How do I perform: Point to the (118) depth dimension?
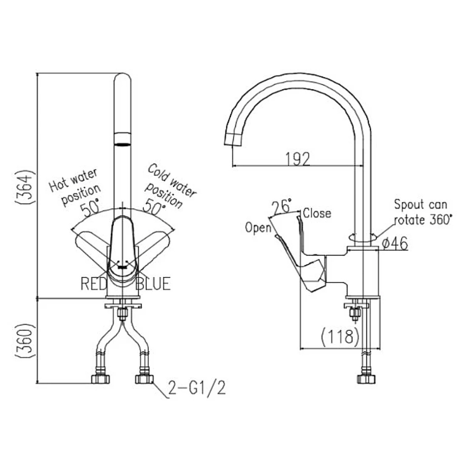[340, 336]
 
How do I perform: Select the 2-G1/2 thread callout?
[195, 389]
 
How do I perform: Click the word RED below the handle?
[94, 284]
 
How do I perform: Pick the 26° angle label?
[281, 206]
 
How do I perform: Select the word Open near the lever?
[258, 227]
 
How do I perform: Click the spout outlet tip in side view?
[233, 139]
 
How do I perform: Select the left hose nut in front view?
[100, 379]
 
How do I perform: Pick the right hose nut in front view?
[144, 379]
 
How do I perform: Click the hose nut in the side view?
[366, 379]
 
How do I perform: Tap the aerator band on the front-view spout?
[122, 139]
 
